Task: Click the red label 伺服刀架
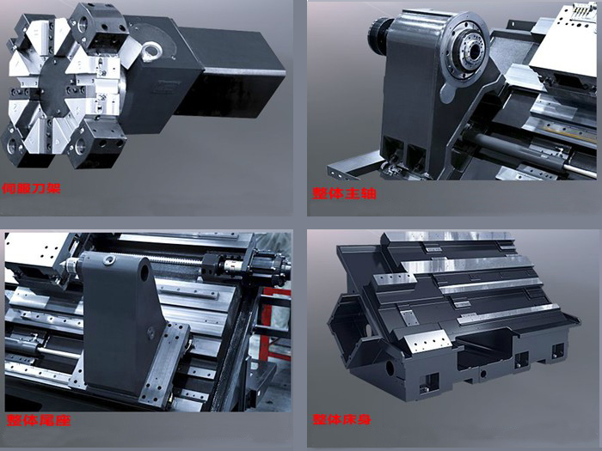pyautogui.click(x=32, y=189)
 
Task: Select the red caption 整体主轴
pyautogui.click(x=344, y=193)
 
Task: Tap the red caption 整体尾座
pyautogui.click(x=39, y=420)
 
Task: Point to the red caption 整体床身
pyautogui.click(x=341, y=419)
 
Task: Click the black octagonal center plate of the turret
pyautogui.click(x=57, y=86)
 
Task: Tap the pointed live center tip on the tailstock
pyautogui.click(x=62, y=265)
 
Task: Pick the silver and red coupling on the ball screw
pyautogui.click(x=231, y=265)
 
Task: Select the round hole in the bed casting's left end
pyautogui.click(x=390, y=369)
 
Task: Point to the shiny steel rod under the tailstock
pyautogui.click(x=58, y=352)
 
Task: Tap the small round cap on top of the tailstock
pyautogui.click(x=109, y=260)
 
